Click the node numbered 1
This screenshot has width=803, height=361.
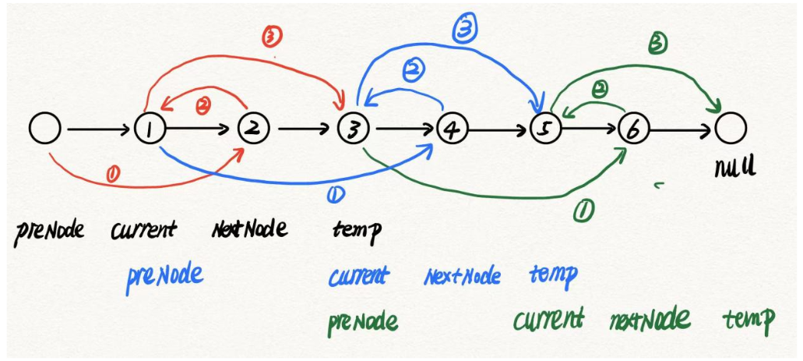click(x=150, y=129)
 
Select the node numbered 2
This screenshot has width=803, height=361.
click(x=252, y=129)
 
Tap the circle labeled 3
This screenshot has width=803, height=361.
click(x=353, y=129)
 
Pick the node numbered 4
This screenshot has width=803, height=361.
click(x=451, y=129)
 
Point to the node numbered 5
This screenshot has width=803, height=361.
click(x=545, y=129)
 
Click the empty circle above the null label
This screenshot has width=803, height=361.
click(x=731, y=129)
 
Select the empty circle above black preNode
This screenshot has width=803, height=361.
click(x=44, y=129)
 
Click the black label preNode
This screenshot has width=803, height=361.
click(x=48, y=231)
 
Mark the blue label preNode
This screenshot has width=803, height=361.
click(x=164, y=274)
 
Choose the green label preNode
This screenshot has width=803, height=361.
click(x=362, y=320)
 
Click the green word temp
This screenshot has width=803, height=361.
click(x=748, y=319)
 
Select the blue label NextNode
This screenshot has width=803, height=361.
click(x=462, y=276)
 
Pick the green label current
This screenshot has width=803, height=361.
click(x=548, y=318)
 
